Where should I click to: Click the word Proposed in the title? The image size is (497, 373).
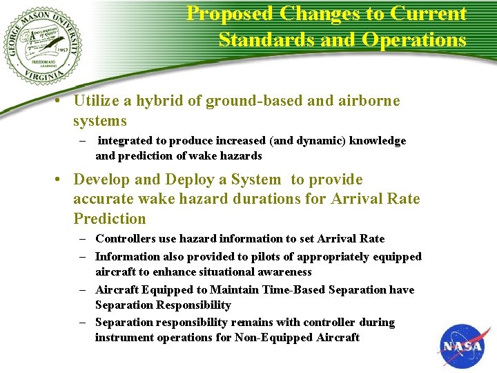pyautogui.click(x=231, y=13)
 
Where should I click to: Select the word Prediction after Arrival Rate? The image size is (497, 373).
pyautogui.click(x=110, y=219)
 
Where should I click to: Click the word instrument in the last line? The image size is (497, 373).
pyautogui.click(x=124, y=338)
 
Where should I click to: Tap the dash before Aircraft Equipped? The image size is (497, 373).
pyautogui.click(x=81, y=290)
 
